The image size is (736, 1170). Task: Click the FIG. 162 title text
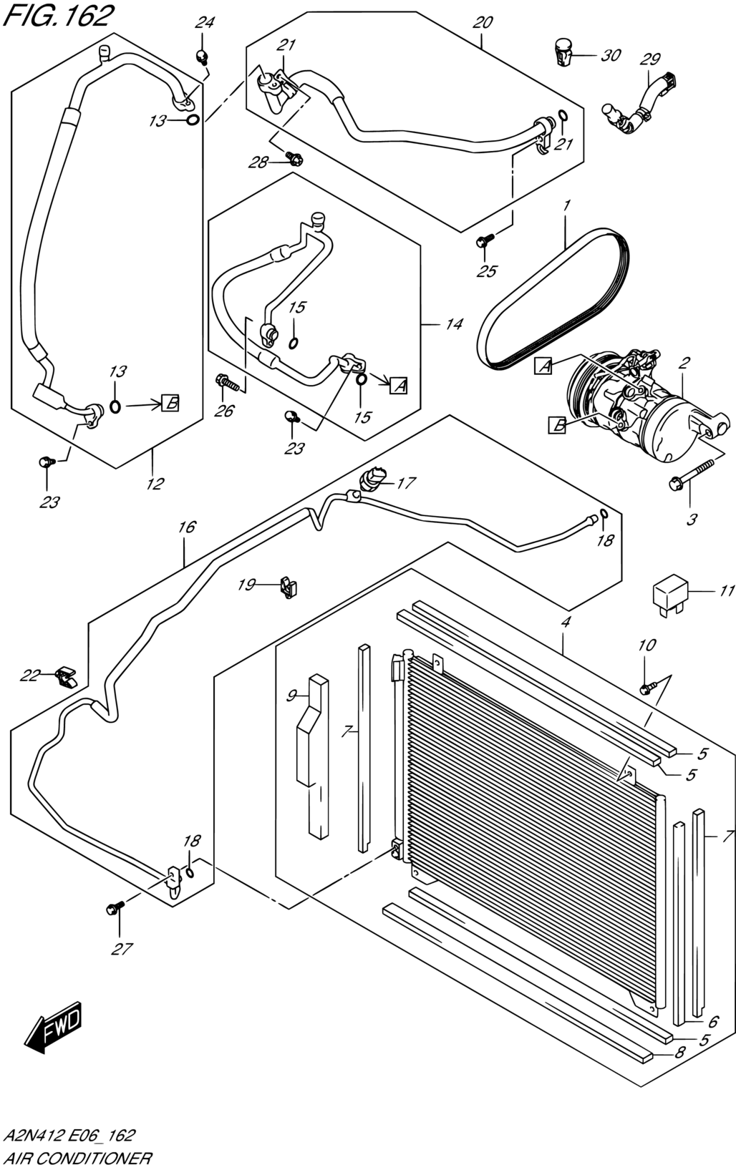(x=58, y=16)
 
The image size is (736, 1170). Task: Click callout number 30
(x=610, y=55)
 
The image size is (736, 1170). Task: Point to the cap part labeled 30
(x=563, y=52)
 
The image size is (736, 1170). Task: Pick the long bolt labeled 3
(x=691, y=474)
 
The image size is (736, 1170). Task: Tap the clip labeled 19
(x=287, y=587)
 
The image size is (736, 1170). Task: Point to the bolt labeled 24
(x=201, y=57)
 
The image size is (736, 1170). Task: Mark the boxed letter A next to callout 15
(x=399, y=386)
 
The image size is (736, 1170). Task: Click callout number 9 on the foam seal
(x=291, y=696)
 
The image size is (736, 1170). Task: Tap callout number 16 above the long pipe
(x=187, y=527)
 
